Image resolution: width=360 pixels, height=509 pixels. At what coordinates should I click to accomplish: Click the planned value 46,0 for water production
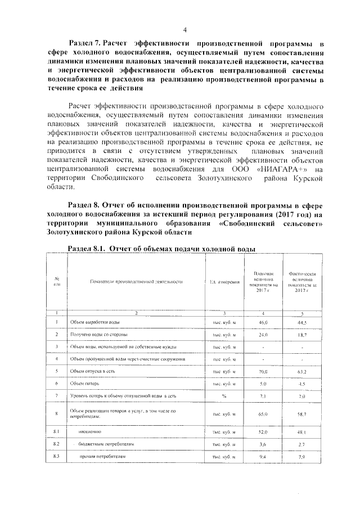[263, 322]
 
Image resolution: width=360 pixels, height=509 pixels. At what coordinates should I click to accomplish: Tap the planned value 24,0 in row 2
[263, 335]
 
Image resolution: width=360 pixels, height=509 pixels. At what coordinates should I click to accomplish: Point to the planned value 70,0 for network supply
[263, 371]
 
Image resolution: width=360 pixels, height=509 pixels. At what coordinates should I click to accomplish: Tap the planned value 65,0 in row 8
[263, 414]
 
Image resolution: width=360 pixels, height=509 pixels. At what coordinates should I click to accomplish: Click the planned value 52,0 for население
[263, 432]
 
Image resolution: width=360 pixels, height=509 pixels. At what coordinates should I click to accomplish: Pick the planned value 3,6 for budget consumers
[263, 444]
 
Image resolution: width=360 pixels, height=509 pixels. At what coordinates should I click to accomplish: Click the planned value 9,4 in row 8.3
[263, 457]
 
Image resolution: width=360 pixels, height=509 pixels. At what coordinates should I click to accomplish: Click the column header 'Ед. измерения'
[224, 281]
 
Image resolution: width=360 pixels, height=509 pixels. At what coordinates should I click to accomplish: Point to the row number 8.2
[57, 444]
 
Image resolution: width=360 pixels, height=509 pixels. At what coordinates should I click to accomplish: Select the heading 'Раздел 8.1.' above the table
[87, 248]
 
